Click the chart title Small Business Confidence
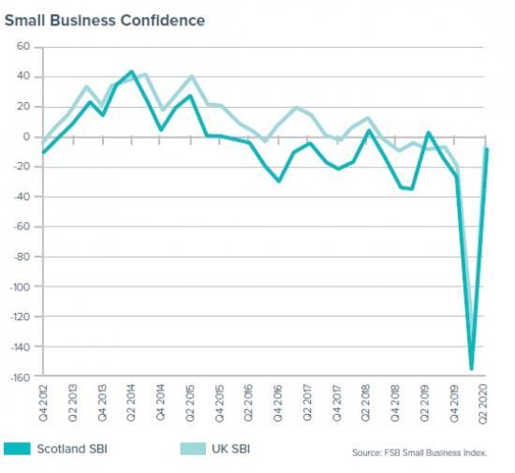coord(105,19)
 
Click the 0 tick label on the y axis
coord(28,137)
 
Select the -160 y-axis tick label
coord(19,377)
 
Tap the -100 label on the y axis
coord(19,287)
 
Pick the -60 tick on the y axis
coord(22,227)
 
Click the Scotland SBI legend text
coord(71,449)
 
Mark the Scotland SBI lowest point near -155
coord(471,369)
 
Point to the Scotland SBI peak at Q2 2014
coord(132,71)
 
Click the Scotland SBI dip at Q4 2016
coord(279,181)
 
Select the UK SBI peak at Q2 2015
coord(191,77)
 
